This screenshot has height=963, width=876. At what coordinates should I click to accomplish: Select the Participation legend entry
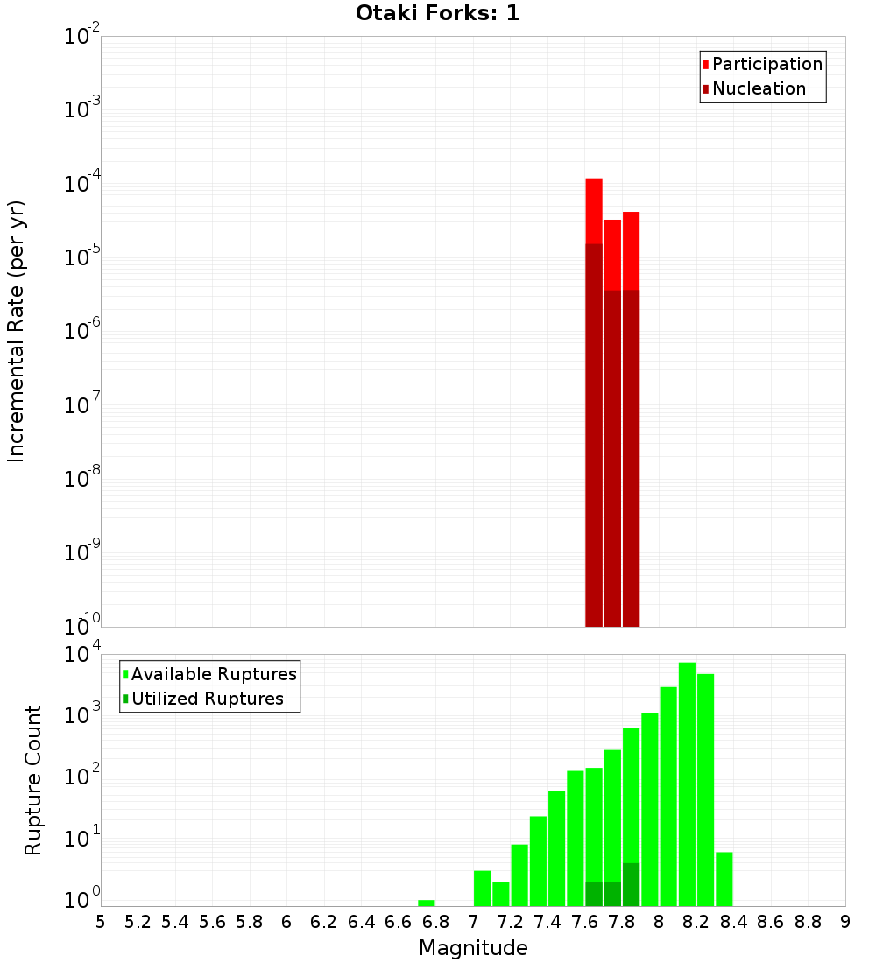[x=767, y=64]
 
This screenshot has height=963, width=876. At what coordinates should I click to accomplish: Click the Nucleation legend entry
[x=759, y=88]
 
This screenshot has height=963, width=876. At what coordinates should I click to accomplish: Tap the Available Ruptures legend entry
[x=214, y=674]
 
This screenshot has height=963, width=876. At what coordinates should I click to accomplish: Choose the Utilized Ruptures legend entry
[x=207, y=699]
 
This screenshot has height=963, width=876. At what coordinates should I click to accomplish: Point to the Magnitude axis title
[x=473, y=948]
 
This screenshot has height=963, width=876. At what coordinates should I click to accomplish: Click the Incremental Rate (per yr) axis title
[x=17, y=332]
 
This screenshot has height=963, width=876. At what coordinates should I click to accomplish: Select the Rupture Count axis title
[x=33, y=780]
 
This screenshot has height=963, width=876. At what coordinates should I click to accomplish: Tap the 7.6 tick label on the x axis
[x=585, y=922]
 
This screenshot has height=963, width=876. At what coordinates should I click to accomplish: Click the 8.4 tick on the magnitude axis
[x=734, y=922]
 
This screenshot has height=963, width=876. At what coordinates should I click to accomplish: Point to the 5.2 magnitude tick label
[x=138, y=922]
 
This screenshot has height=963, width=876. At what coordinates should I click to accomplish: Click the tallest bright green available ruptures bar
[x=687, y=784]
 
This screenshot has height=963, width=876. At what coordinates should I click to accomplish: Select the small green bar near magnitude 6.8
[x=427, y=903]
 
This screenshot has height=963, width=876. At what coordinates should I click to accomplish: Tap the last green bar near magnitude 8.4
[x=724, y=879]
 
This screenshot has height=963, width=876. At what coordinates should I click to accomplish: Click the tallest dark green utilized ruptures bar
[x=631, y=884]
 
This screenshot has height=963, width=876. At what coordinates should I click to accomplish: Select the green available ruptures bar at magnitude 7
[x=482, y=888]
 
